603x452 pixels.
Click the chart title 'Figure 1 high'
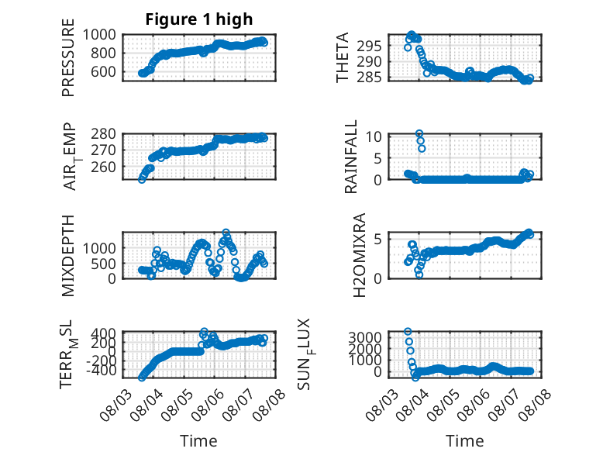coord(199,19)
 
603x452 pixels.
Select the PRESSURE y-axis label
coord(67,57)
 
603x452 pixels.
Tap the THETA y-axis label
coord(342,57)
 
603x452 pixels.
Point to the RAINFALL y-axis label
coord(351,157)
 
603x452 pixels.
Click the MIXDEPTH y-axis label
coord(67,255)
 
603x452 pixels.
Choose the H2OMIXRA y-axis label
coord(359,255)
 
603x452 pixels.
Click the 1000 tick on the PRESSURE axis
coord(99,35)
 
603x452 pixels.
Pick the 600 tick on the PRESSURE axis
coord(103,71)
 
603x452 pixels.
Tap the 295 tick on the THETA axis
coord(369,47)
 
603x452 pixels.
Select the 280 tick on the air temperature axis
coord(103,134)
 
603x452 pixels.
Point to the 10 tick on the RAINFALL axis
coord(374,136)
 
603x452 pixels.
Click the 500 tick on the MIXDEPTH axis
coord(103,264)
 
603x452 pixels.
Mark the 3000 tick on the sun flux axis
coord(365,337)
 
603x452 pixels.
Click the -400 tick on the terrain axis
coord(101,371)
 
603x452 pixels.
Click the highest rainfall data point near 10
coord(419,133)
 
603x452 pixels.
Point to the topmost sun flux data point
coord(408,331)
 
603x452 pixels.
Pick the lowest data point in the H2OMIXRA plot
coord(419,274)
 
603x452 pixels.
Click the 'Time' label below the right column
coord(464,441)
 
